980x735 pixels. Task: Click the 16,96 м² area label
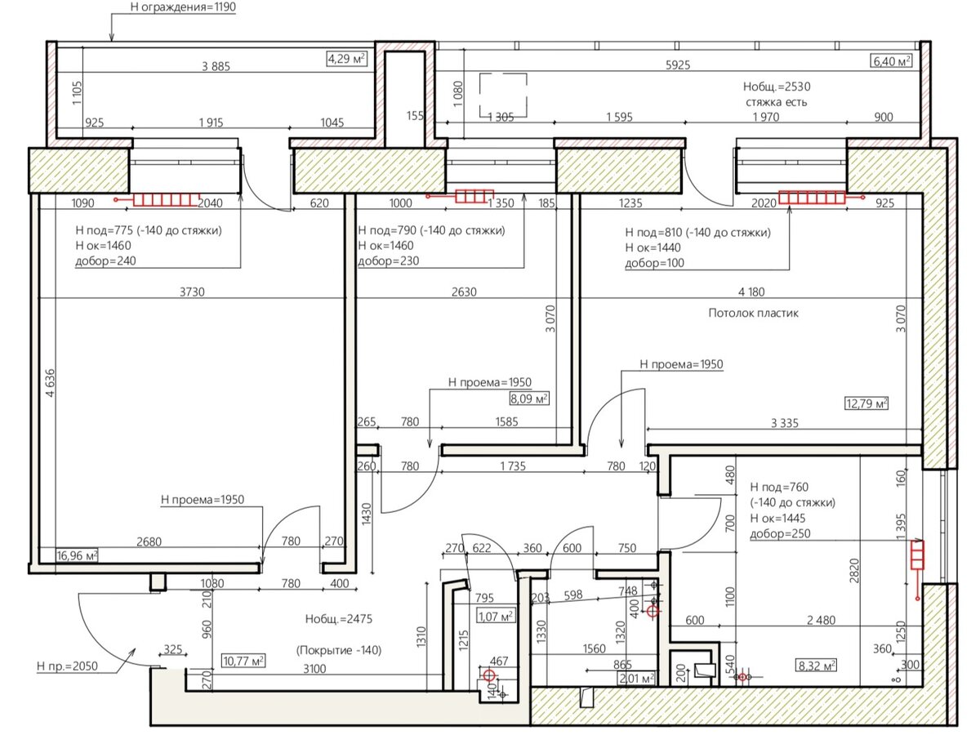(77, 555)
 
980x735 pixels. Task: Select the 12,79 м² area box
(866, 403)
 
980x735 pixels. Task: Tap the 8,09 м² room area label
(529, 398)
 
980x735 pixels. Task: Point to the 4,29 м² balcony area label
(347, 59)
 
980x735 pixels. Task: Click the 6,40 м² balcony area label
(891, 60)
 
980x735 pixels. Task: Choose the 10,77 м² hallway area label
(243, 661)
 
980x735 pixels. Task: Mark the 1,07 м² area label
(496, 617)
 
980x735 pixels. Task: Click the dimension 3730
(192, 292)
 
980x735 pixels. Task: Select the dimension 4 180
(751, 292)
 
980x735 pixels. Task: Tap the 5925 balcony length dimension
(678, 65)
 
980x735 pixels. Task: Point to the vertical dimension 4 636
(50, 382)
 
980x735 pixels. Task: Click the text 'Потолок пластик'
(753, 313)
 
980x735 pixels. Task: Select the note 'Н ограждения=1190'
(183, 7)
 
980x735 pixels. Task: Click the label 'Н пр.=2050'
(67, 666)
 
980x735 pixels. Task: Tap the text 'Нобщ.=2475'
(338, 618)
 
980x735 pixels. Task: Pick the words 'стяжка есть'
(776, 102)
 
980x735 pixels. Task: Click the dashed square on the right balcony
(503, 73)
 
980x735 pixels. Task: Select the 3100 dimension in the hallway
(314, 669)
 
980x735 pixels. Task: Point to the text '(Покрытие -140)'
(338, 650)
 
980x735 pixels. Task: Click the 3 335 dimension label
(785, 422)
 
